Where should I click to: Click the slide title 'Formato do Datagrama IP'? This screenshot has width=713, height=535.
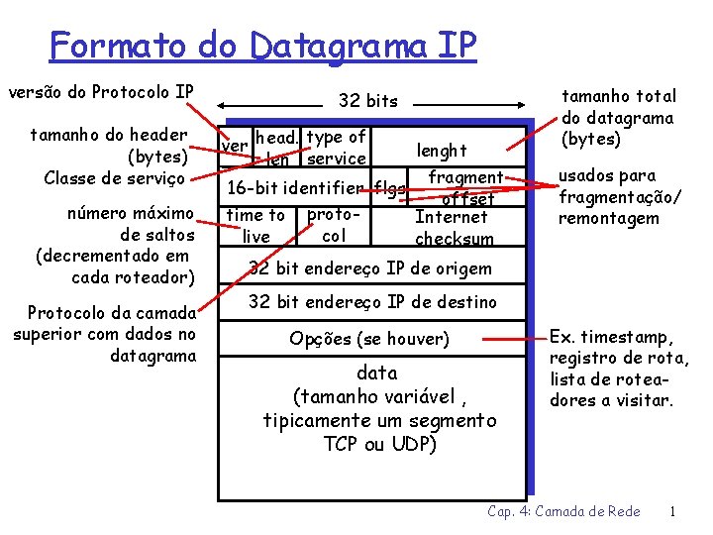click(263, 45)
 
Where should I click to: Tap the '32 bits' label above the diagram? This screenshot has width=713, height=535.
click(367, 100)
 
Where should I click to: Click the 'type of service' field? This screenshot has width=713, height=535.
click(336, 148)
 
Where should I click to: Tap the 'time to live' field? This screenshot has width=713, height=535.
click(255, 225)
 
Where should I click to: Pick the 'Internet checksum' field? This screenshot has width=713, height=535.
click(453, 227)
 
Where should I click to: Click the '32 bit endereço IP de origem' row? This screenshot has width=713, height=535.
click(369, 267)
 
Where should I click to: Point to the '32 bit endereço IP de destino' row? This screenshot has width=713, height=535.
click(372, 301)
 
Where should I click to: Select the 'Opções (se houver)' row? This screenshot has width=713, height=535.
click(369, 339)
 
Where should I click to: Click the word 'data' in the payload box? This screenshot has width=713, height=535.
click(376, 374)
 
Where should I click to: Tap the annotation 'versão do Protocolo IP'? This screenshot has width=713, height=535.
click(101, 93)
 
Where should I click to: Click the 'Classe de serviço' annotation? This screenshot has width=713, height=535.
click(115, 178)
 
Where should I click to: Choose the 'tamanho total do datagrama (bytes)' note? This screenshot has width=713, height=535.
click(619, 117)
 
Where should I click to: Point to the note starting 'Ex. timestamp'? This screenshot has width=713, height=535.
click(612, 369)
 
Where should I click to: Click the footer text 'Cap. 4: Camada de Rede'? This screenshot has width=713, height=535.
click(563, 511)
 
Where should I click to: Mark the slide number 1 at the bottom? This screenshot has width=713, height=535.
click(672, 511)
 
